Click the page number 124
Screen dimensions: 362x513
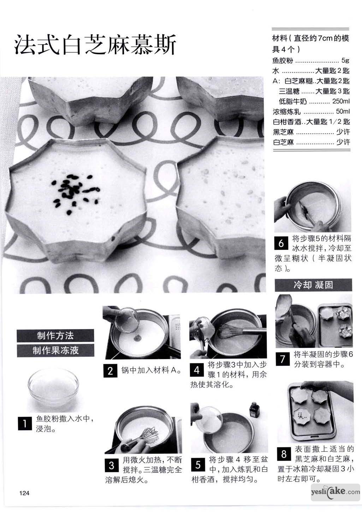click(x=24, y=493)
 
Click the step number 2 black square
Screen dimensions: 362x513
click(x=110, y=371)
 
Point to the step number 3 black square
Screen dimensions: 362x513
click(x=112, y=465)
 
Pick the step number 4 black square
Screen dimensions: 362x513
click(x=197, y=370)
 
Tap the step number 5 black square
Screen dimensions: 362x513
click(x=198, y=465)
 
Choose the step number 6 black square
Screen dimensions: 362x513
click(x=281, y=243)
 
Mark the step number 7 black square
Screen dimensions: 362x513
click(x=283, y=359)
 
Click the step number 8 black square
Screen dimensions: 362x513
click(x=284, y=454)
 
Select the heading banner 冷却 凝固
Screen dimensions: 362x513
click(x=313, y=285)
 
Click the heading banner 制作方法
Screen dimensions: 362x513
click(x=55, y=336)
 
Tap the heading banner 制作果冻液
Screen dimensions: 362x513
click(x=55, y=350)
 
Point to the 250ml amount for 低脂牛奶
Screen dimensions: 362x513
click(x=341, y=101)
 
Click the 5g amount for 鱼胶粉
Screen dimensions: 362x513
click(x=345, y=60)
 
